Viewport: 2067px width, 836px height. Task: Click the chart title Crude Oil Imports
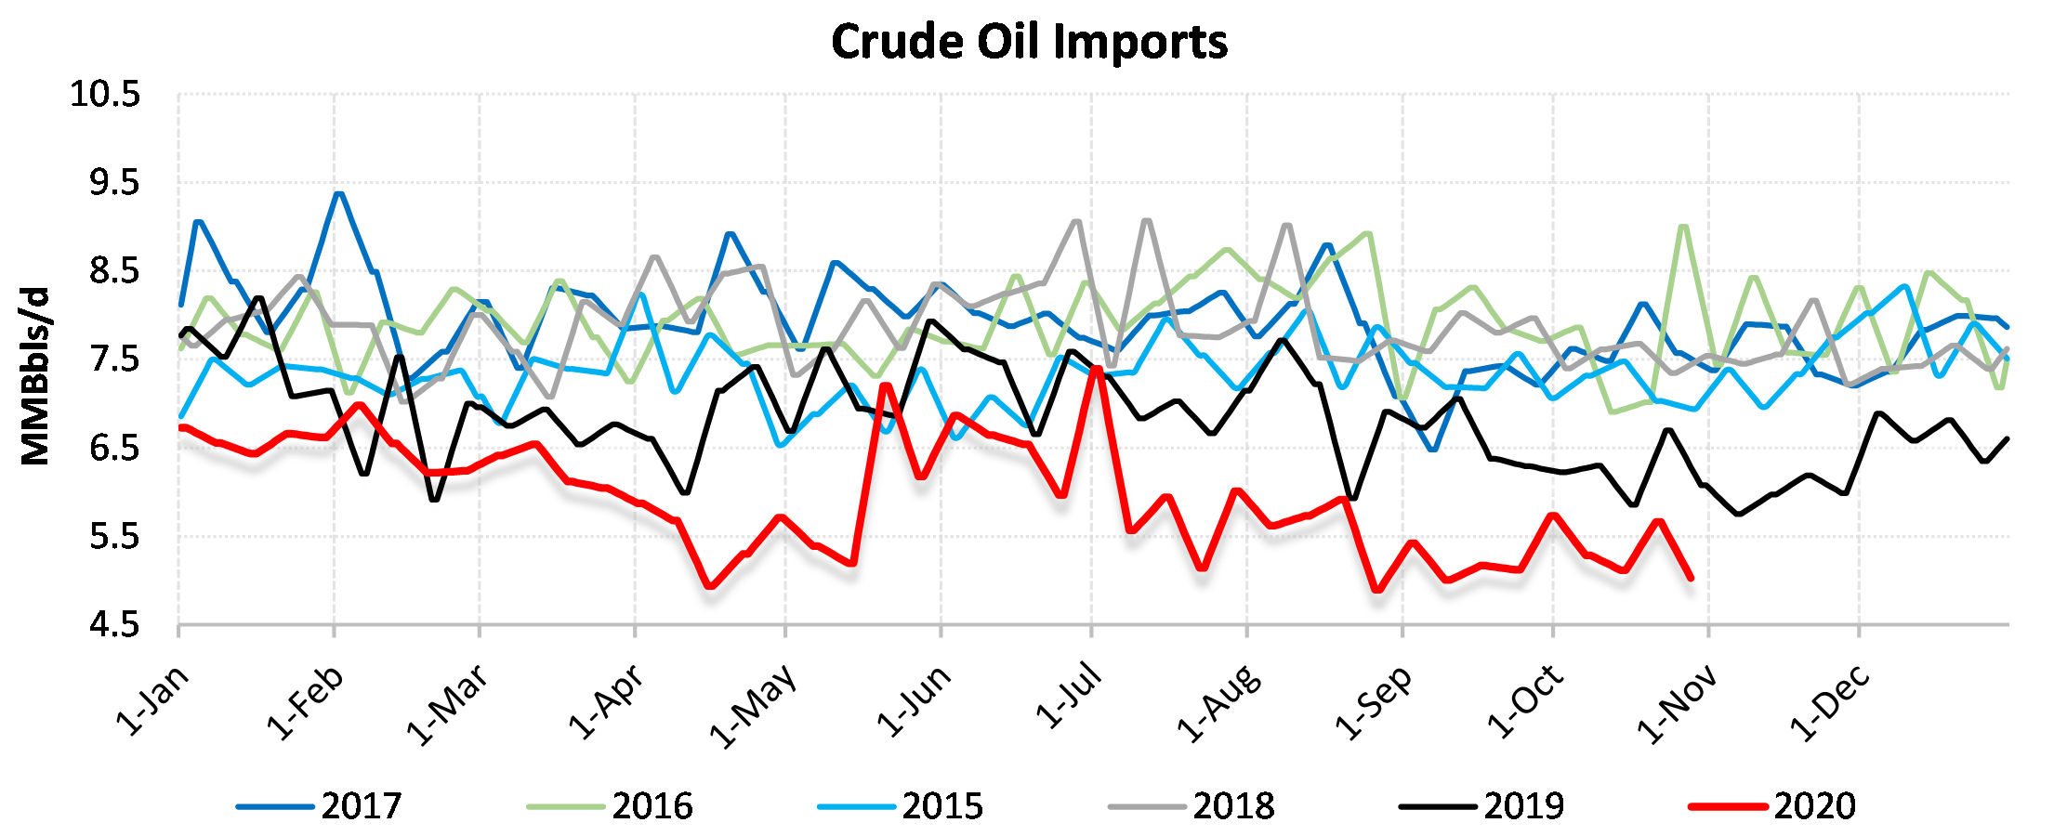pyautogui.click(x=1029, y=43)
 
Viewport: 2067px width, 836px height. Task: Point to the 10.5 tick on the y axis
pyautogui.click(x=105, y=95)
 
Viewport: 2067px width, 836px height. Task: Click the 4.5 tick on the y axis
pyautogui.click(x=114, y=625)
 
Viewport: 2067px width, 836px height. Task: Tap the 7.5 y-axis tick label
pyautogui.click(x=114, y=359)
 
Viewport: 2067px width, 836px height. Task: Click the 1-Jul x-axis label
pyautogui.click(x=1069, y=697)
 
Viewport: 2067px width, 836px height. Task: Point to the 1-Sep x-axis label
pyautogui.click(x=1374, y=703)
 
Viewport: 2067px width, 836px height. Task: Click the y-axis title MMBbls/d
pyautogui.click(x=35, y=376)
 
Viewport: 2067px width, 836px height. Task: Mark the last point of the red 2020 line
pyautogui.click(x=1690, y=578)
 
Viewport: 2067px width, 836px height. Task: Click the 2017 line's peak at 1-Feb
pyautogui.click(x=338, y=194)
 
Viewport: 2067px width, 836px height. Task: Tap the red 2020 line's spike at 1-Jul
pyautogui.click(x=1097, y=369)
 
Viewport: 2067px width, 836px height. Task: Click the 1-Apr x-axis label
pyautogui.click(x=606, y=703)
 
